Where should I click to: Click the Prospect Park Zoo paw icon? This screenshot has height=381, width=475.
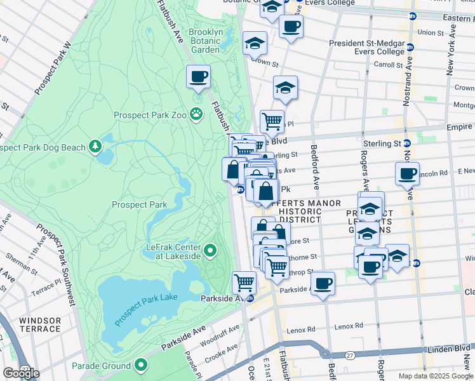pyautogui.click(x=198, y=115)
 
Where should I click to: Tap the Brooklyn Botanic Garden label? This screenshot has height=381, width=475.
pyautogui.click(x=214, y=41)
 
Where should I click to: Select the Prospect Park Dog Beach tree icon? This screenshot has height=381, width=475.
pyautogui.click(x=95, y=147)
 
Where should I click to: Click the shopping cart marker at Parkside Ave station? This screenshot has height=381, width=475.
pyautogui.click(x=244, y=282)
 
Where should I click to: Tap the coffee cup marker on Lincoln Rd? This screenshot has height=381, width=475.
pyautogui.click(x=407, y=173)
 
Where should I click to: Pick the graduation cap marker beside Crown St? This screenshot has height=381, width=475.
pyautogui.click(x=255, y=44)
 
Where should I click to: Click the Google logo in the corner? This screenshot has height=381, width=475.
pyautogui.click(x=21, y=374)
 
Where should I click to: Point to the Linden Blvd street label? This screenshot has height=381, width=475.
pyautogui.click(x=450, y=349)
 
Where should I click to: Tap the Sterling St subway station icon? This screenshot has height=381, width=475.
pyautogui.click(x=402, y=144)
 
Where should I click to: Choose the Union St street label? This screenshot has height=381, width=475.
pyautogui.click(x=431, y=32)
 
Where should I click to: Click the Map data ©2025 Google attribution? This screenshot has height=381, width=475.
pyautogui.click(x=436, y=376)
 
